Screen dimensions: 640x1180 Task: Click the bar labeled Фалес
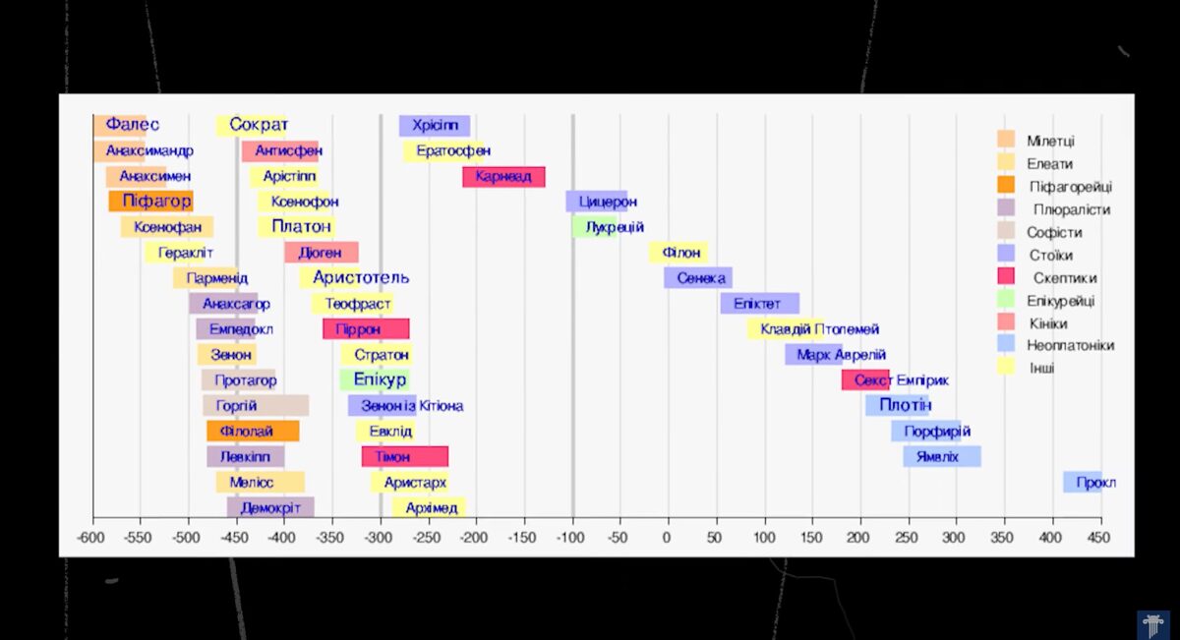(x=121, y=125)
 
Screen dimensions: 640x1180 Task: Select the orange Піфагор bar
(x=151, y=202)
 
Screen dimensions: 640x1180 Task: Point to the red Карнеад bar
(x=503, y=177)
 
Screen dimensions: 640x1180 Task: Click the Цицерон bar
(x=597, y=202)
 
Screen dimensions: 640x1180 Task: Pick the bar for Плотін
(x=898, y=405)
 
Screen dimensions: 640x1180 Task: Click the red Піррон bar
(x=366, y=329)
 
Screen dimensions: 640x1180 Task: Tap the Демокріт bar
(x=270, y=507)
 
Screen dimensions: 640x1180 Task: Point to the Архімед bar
(x=429, y=507)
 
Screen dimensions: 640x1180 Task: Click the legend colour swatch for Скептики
(x=1006, y=277)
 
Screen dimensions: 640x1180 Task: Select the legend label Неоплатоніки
(x=1071, y=346)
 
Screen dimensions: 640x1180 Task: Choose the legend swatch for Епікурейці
(x=1006, y=300)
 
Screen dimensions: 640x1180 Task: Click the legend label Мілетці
(x=1050, y=142)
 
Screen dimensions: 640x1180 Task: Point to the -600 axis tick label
(x=91, y=538)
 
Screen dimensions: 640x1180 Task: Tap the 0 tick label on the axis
(x=667, y=538)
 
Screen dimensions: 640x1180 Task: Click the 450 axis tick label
(x=1098, y=538)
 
